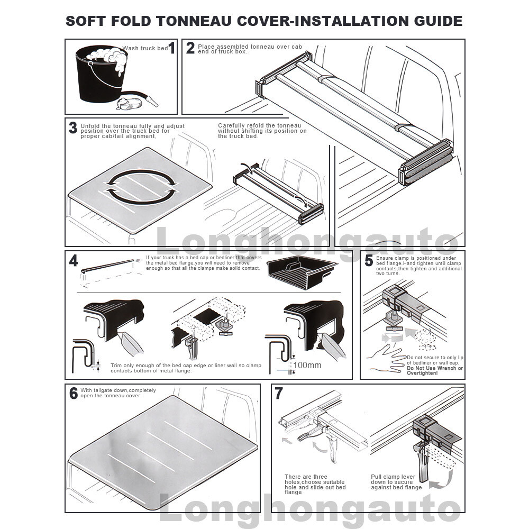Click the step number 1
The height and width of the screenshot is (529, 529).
pyautogui.click(x=172, y=49)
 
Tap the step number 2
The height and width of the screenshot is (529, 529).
pyautogui.click(x=190, y=48)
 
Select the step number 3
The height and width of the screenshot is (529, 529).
pyautogui.click(x=73, y=127)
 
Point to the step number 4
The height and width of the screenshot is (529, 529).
pyautogui.click(x=74, y=260)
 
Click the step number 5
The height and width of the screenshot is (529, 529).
pyautogui.click(x=369, y=260)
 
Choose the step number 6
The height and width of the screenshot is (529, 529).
pyautogui.click(x=74, y=393)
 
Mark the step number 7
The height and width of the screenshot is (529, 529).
pyautogui.click(x=279, y=393)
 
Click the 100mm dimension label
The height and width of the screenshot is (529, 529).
pyautogui.click(x=307, y=365)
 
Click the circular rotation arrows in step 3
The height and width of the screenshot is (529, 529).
pyautogui.click(x=141, y=186)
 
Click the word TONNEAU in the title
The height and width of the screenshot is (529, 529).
pyautogui.click(x=191, y=21)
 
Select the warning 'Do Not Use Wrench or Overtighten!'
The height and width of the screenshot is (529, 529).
pyautogui.click(x=434, y=370)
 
